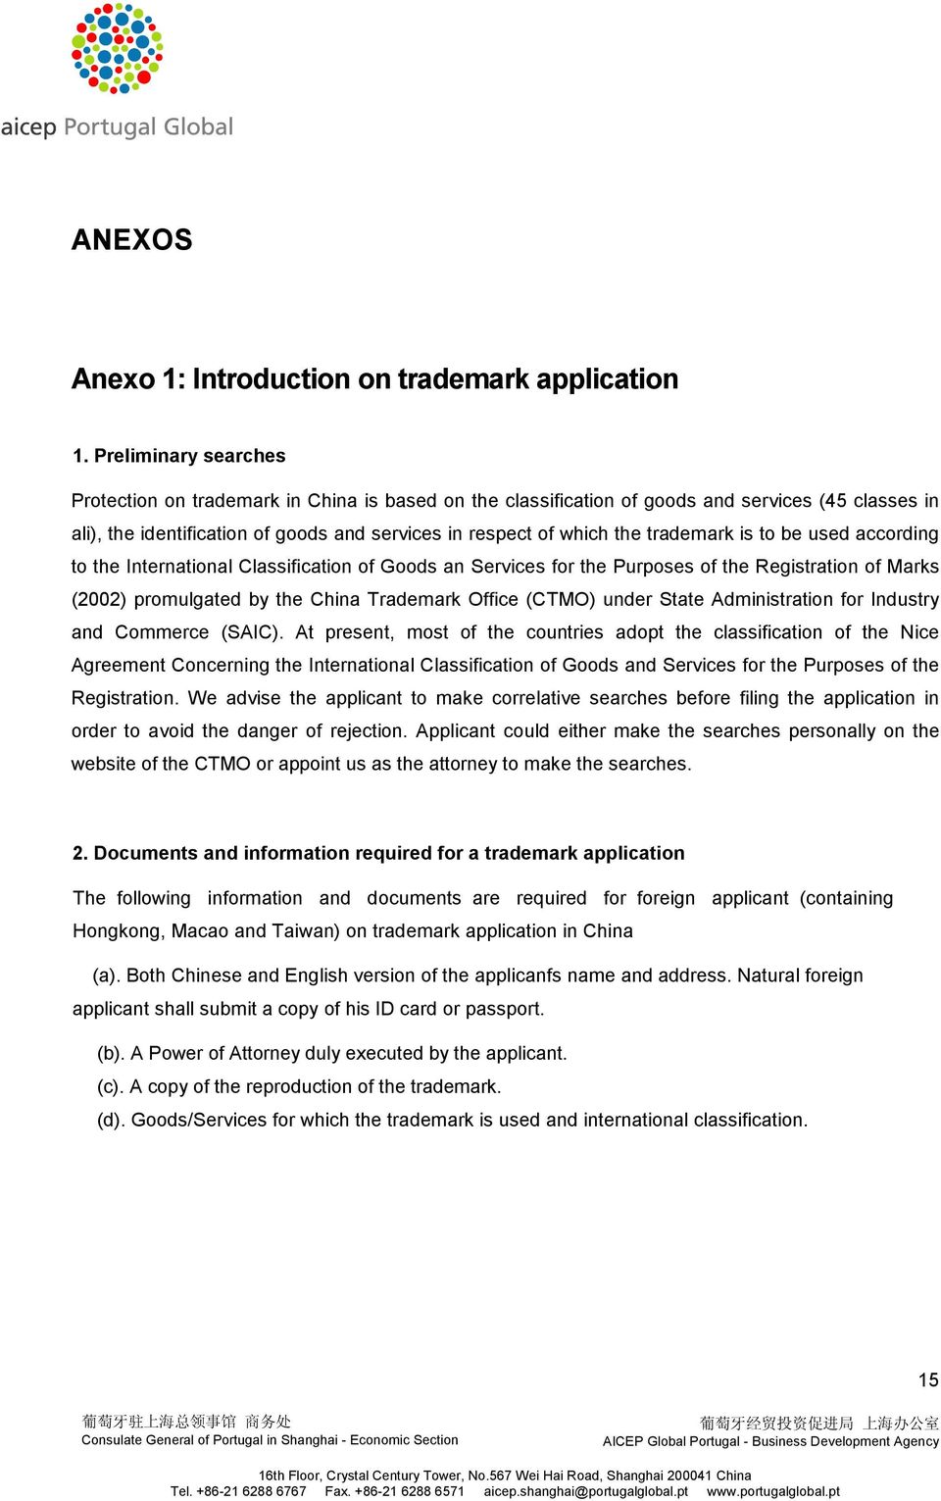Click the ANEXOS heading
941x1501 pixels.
[x=131, y=239]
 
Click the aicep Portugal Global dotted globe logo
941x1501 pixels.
[x=117, y=49]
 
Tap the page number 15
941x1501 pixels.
[x=928, y=1379]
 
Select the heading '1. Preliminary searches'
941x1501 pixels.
[x=178, y=456]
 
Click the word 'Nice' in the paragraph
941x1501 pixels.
[x=919, y=632]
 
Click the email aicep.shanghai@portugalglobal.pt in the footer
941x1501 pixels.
[x=586, y=1491]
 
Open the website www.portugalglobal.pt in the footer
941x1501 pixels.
[x=773, y=1491]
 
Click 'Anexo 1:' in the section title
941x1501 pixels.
[x=127, y=378]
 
